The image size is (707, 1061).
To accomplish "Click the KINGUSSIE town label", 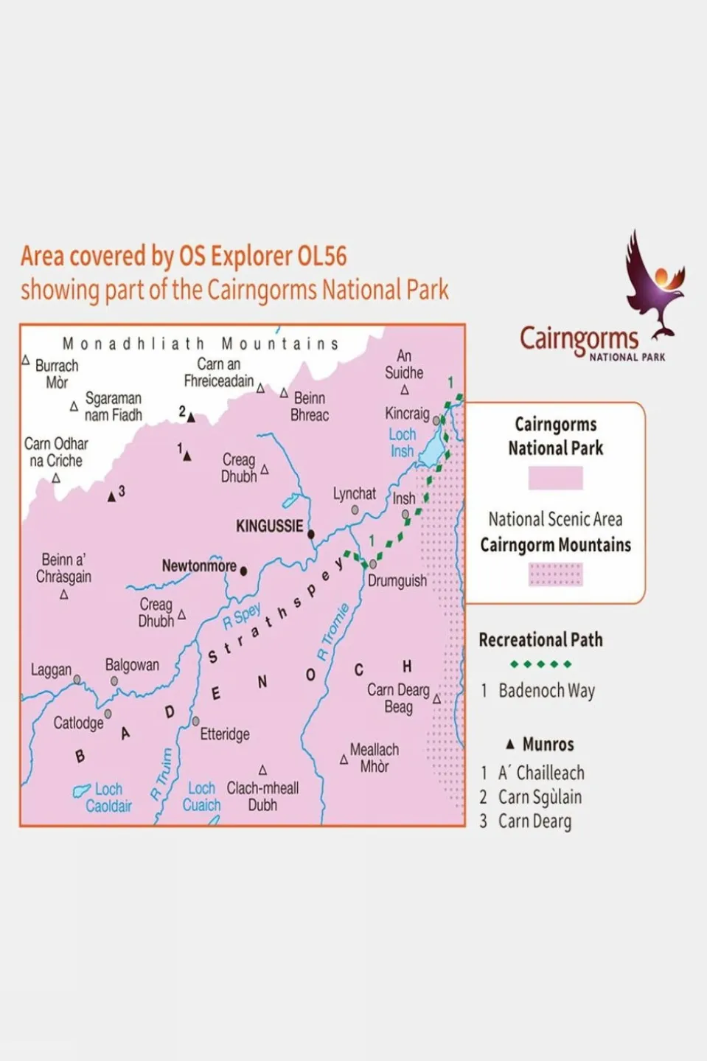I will (x=269, y=526).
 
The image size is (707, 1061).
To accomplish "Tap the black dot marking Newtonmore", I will (x=244, y=571).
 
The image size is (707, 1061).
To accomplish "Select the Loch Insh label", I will (x=402, y=442).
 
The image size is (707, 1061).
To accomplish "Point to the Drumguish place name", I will (x=397, y=581).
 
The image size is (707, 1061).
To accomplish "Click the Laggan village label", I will (x=51, y=670).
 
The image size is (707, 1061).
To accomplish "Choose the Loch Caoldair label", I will (x=108, y=798).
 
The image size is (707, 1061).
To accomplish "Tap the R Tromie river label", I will (x=332, y=632).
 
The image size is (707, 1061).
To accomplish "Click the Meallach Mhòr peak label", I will (x=374, y=758).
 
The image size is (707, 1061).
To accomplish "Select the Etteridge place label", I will (x=225, y=734).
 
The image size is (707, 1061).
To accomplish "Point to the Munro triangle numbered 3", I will (x=111, y=497).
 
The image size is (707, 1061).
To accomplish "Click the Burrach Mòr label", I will (x=57, y=374).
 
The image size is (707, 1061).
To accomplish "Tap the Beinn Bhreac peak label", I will (x=310, y=406).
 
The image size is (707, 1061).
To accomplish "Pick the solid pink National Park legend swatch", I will (x=555, y=479).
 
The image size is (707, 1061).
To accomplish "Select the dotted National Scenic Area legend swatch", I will (x=555, y=574).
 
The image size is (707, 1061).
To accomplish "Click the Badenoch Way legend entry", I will (x=546, y=691).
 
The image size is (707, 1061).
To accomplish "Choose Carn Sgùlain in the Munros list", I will (x=540, y=797).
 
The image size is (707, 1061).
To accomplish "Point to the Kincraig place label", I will (x=407, y=413).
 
